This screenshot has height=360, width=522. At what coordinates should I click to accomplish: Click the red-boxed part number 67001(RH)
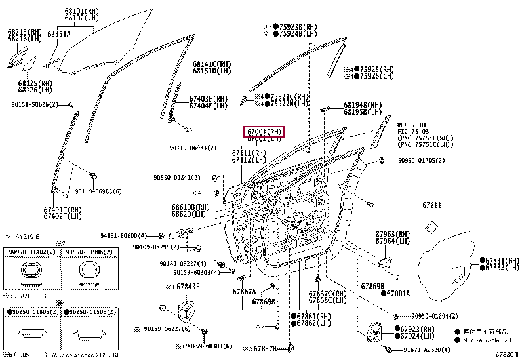(x=264, y=132)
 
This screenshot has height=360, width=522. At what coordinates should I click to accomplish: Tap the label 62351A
(x=58, y=34)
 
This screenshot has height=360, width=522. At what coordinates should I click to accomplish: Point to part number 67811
(x=432, y=205)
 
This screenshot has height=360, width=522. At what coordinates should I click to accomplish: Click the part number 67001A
(x=397, y=293)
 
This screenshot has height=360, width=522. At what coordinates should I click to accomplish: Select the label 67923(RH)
(x=417, y=329)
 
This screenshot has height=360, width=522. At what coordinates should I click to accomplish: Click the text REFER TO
(x=411, y=125)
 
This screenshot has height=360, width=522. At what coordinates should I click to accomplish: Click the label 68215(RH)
(x=25, y=31)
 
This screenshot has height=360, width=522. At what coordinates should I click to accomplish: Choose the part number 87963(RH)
(x=393, y=233)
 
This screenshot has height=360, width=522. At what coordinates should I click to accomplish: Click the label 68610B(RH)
(x=191, y=207)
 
